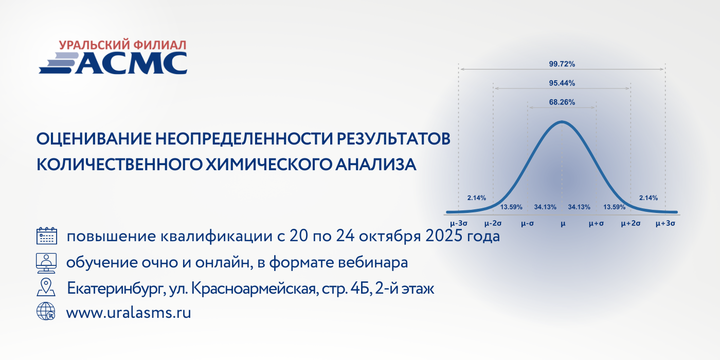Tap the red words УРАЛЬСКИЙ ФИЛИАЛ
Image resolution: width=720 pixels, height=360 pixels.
pyautogui.click(x=123, y=45)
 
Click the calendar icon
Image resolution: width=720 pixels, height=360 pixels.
pyautogui.click(x=47, y=236)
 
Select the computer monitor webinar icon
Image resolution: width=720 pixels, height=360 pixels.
pyautogui.click(x=46, y=263)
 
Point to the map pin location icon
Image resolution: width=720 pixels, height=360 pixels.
pyautogui.click(x=46, y=287)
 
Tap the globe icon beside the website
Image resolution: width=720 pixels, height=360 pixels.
pyautogui.click(x=46, y=311)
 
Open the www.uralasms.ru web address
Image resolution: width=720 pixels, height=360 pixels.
pyautogui.click(x=129, y=313)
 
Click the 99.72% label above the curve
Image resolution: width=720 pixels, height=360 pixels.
pyautogui.click(x=562, y=64)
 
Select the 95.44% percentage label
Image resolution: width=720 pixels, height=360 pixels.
pyautogui.click(x=562, y=83)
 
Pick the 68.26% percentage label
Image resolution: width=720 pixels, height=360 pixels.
pyautogui.click(x=562, y=102)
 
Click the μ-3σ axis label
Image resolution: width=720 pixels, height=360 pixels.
pyautogui.click(x=459, y=223)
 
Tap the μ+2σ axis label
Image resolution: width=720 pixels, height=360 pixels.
pyautogui.click(x=631, y=223)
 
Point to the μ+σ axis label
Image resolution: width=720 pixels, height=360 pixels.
pyautogui.click(x=596, y=223)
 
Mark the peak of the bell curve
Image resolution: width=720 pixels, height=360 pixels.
pyautogui.click(x=562, y=121)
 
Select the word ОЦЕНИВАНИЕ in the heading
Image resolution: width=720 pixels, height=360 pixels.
pyautogui.click(x=94, y=139)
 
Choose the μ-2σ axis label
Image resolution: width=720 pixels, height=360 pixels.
pyautogui.click(x=493, y=223)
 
